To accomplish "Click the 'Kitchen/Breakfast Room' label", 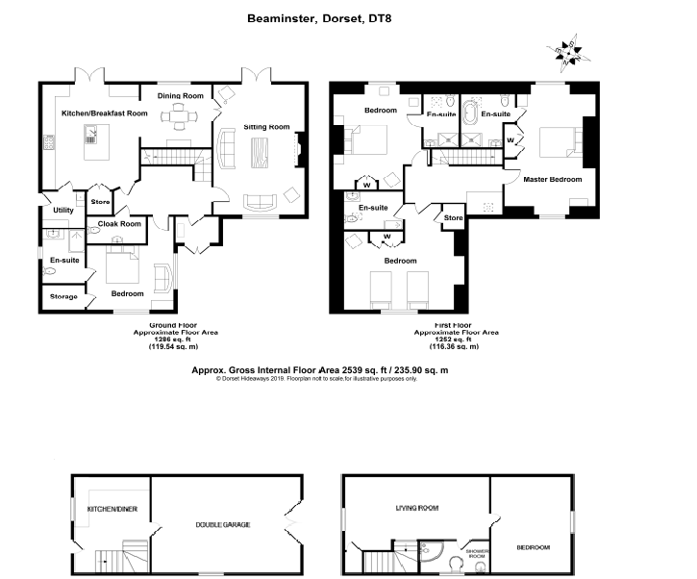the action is coord(105,113).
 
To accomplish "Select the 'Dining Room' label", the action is coord(181,96).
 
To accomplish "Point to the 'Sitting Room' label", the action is coord(265,127).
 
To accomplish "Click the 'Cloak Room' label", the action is coord(116,224).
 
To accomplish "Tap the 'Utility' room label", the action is coord(63,210).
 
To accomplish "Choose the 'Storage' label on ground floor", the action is coord(63,296).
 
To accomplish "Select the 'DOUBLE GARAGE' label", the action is coord(222,524).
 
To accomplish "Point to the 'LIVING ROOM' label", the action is coord(416,507).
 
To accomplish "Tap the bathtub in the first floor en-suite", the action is coord(470,116).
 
